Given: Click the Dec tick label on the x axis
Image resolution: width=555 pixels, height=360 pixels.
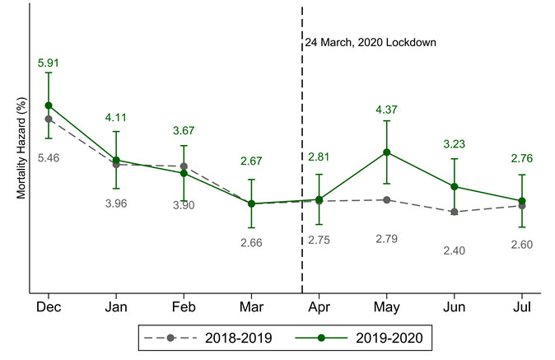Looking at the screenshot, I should [49, 306].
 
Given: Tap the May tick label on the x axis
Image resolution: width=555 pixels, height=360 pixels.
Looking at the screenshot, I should [386, 306].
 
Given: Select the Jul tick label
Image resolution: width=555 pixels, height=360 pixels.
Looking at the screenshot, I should [522, 306].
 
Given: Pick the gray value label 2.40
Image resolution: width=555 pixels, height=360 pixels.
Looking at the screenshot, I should [454, 250].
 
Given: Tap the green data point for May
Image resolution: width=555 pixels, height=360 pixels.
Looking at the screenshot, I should [386, 152].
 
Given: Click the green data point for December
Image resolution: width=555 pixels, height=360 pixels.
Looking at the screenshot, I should [49, 105].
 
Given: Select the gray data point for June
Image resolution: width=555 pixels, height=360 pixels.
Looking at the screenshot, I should [454, 212].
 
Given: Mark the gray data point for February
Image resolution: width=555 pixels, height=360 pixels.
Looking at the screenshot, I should [184, 166].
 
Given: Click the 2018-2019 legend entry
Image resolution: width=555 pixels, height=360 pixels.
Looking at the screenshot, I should [208, 337].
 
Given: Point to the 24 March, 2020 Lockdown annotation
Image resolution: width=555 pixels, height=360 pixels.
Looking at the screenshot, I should [371, 42].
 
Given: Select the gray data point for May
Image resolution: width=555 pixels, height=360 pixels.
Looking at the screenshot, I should [386, 199].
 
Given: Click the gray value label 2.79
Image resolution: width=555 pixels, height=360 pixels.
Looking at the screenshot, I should [386, 239].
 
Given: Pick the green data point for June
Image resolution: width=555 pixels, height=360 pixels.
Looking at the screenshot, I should [454, 186].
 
